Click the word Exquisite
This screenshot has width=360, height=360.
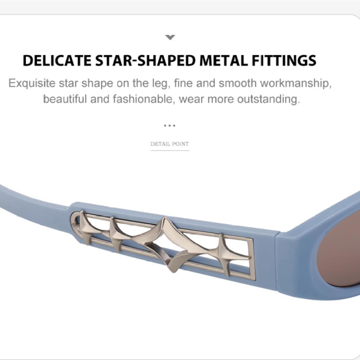[x=32, y=84]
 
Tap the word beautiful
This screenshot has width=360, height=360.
[x=65, y=99]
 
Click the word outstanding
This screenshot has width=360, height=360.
[x=268, y=99]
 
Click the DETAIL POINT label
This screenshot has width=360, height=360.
[x=170, y=144]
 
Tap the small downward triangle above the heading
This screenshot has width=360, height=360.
[x=170, y=37]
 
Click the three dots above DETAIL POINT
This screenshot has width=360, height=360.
[x=170, y=126]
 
